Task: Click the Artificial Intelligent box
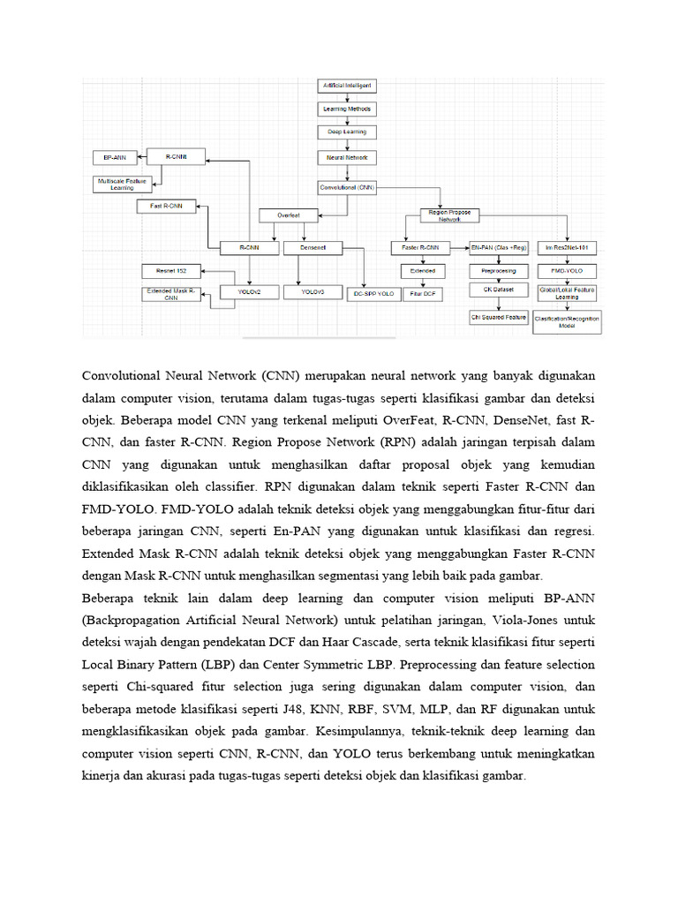(346, 86)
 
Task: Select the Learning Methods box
(346, 109)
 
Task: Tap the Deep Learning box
(346, 132)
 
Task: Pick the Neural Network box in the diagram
(346, 157)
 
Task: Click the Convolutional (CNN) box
(346, 187)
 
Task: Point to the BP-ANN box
(115, 157)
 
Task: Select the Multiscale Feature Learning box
(123, 184)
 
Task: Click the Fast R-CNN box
(166, 207)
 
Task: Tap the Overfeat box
(290, 215)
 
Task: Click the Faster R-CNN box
(419, 248)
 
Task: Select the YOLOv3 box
(312, 291)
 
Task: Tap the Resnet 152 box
(171, 270)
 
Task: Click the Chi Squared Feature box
(499, 315)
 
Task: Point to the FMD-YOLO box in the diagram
(567, 270)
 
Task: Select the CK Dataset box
(499, 290)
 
